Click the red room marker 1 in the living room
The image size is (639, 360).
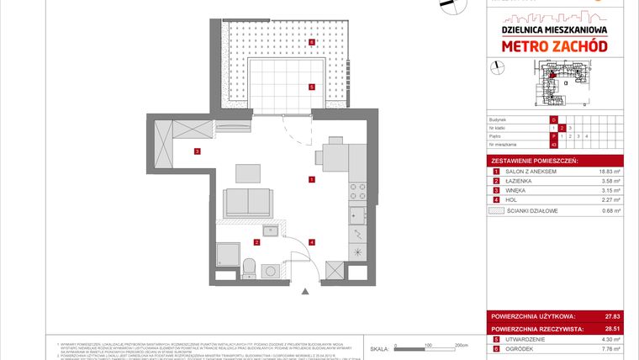coord(311,178)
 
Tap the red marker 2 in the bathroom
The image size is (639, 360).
coord(256,242)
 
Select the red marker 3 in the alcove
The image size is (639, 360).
coord(196,151)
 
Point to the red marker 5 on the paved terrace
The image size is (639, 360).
coord(311,86)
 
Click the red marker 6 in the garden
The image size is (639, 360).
coord(311,41)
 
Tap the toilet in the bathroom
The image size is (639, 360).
coord(249,268)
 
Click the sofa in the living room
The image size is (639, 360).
coord(247,203)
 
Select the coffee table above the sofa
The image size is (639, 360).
coord(247,172)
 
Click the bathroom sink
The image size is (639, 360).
coord(271,230)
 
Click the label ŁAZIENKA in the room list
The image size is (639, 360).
coord(520,181)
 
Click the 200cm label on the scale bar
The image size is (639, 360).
coord(460,345)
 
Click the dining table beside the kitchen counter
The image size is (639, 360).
coord(333,157)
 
